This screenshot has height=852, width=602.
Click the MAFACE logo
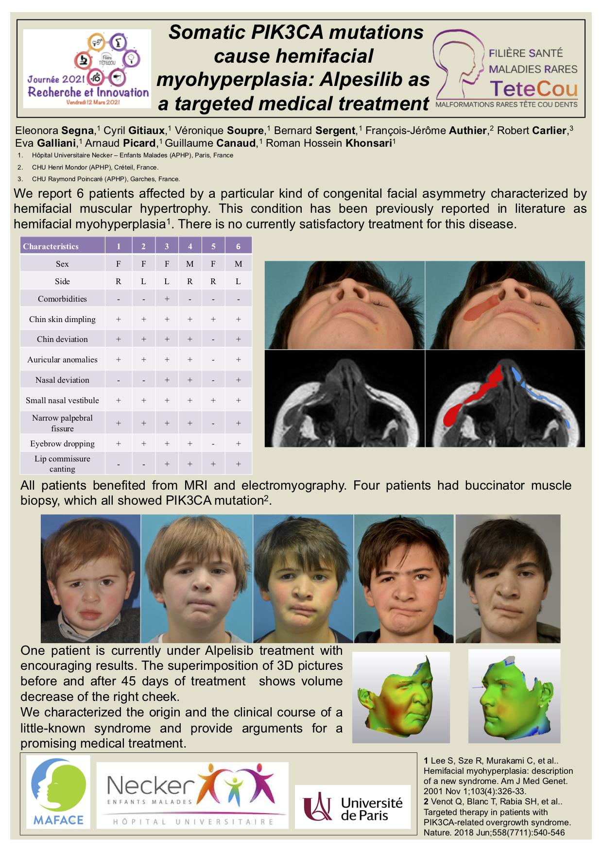click(x=58, y=792)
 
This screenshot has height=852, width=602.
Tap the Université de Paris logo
click(x=352, y=807)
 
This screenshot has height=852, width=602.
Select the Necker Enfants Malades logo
click(x=192, y=795)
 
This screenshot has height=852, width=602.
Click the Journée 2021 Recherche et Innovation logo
click(x=87, y=69)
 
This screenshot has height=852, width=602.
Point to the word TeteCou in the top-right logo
click(x=533, y=89)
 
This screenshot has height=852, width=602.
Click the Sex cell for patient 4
click(x=190, y=264)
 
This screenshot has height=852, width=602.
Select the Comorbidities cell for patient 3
click(x=167, y=299)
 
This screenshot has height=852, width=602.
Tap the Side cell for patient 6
click(x=238, y=281)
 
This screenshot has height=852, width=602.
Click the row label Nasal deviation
click(x=62, y=380)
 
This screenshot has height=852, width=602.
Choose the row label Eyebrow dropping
click(x=62, y=443)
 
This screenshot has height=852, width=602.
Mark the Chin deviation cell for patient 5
click(x=213, y=339)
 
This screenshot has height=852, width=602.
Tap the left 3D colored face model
click(x=399, y=697)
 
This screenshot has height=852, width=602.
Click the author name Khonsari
click(x=368, y=143)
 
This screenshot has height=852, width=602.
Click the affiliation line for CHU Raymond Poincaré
click(x=105, y=179)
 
